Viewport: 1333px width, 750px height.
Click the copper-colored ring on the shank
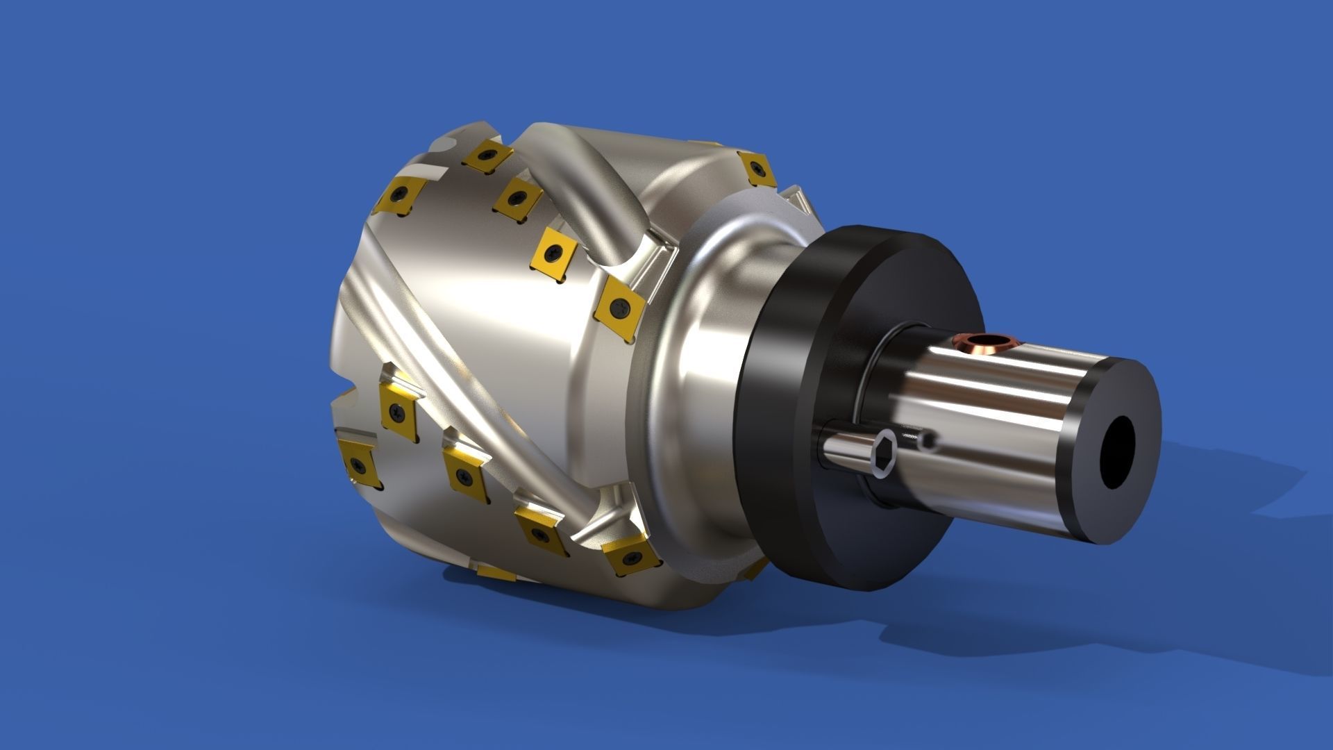point(984,341)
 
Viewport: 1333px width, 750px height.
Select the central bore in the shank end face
point(1120,452)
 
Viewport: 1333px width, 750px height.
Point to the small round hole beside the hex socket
point(928,440)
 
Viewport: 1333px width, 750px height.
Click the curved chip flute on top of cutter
point(597,187)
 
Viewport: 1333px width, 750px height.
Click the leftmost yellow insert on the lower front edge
point(358,463)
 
